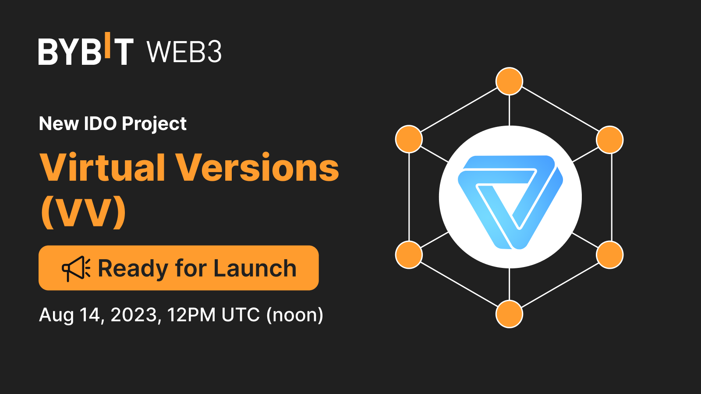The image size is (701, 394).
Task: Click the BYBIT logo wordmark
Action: click(86, 52)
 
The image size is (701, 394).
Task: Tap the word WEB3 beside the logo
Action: click(184, 52)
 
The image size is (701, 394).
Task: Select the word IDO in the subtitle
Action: click(100, 123)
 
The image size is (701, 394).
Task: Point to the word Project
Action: click(154, 124)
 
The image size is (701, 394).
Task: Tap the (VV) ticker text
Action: click(84, 212)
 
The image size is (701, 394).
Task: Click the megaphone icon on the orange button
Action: click(76, 268)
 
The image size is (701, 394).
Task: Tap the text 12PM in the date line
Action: click(191, 315)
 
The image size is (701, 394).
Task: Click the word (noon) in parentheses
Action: click(295, 315)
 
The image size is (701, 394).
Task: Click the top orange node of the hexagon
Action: click(509, 81)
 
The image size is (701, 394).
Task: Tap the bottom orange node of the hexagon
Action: click(509, 314)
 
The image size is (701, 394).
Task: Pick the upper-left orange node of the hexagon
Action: click(409, 139)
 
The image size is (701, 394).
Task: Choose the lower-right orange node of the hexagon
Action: click(609, 254)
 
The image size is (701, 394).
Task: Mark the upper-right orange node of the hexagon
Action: click(609, 140)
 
